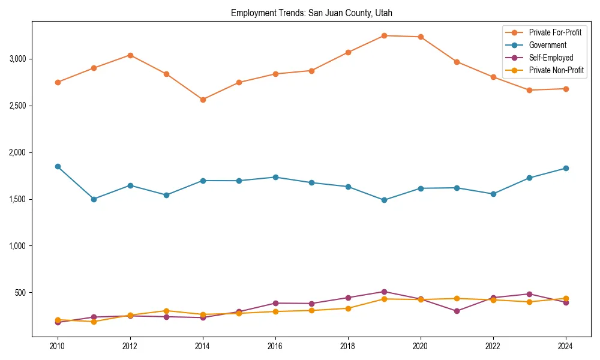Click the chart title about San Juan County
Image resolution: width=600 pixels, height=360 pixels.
coord(311,13)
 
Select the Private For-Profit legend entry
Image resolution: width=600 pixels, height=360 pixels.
coord(555,32)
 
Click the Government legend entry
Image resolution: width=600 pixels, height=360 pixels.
coord(547,45)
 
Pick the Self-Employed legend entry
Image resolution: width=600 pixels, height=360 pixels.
coord(551,58)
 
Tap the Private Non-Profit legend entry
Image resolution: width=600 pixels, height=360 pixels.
coord(556,70)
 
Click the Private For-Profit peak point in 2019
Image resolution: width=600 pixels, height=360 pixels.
coord(384,35)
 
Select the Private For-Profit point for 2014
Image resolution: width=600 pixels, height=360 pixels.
coord(203,100)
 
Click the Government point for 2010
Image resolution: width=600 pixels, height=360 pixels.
coord(58,166)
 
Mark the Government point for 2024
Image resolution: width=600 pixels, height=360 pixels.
coord(566,168)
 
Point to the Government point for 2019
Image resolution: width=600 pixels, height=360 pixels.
coord(384,200)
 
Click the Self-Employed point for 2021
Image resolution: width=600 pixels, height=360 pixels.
coord(457,311)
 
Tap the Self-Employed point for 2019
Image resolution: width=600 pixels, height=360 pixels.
coord(384,292)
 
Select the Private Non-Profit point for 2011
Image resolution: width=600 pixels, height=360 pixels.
coord(94,322)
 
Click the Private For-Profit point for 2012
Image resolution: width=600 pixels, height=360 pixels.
coord(130,55)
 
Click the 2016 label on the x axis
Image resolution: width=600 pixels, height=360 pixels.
coord(275,346)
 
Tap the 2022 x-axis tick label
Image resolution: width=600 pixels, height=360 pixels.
coord(493,346)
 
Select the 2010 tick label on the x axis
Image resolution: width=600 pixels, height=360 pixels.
coord(58,346)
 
